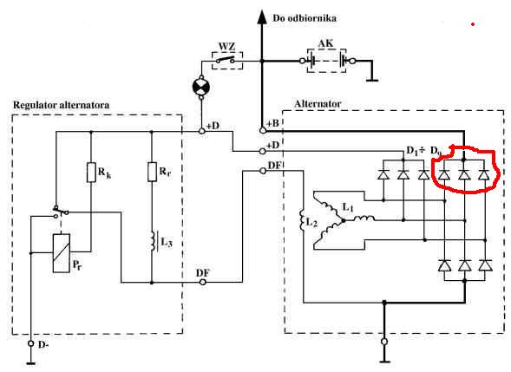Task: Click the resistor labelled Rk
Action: (91, 172)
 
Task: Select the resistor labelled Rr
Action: (152, 172)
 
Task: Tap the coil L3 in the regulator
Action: (153, 241)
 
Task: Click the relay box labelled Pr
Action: (62, 253)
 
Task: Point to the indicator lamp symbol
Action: (201, 87)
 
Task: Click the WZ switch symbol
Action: (227, 60)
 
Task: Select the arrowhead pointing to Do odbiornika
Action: (261, 17)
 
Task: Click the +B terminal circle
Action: (263, 130)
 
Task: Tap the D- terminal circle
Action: (31, 343)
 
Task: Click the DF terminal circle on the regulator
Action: (202, 282)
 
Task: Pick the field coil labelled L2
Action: (301, 221)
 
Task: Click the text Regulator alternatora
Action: (61, 105)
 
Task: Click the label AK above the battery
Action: (325, 43)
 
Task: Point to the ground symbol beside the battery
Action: (372, 80)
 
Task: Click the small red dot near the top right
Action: (473, 24)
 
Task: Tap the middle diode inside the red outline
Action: (464, 175)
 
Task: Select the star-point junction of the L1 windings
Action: (344, 220)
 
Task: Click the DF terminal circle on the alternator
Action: (263, 171)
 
